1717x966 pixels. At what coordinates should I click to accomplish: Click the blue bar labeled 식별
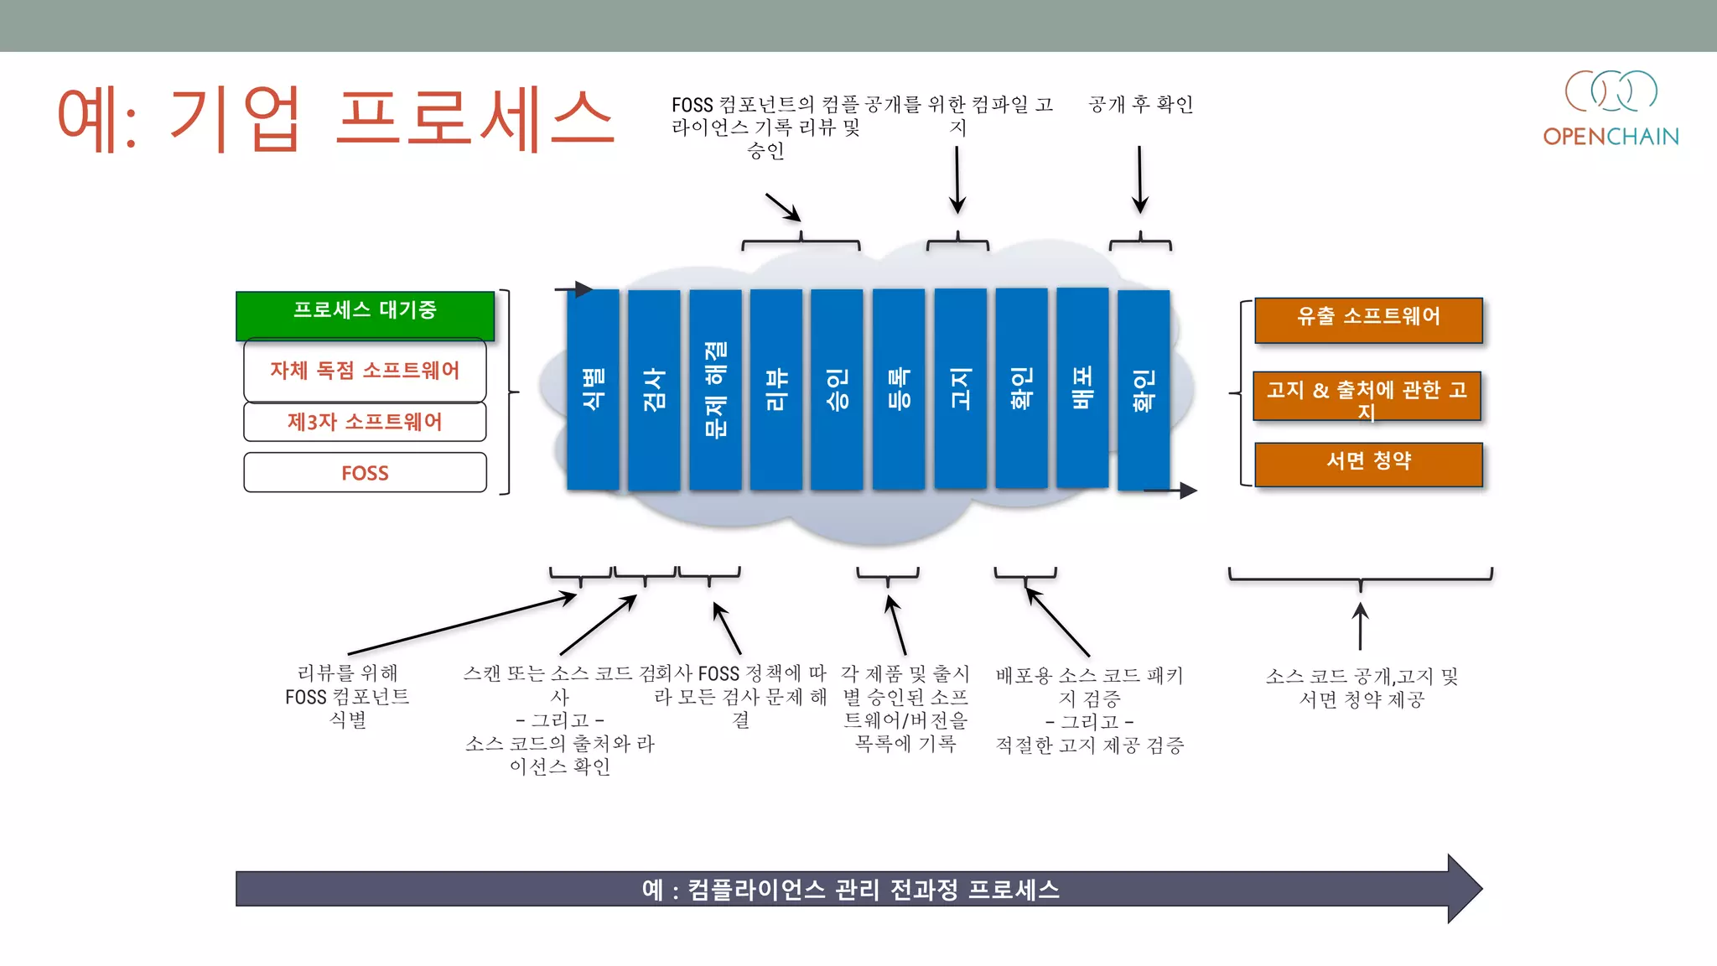[593, 389]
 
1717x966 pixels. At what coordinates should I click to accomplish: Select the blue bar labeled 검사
[654, 389]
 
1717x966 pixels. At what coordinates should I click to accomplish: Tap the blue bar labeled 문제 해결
[715, 389]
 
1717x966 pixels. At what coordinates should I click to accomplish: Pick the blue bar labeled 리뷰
[776, 389]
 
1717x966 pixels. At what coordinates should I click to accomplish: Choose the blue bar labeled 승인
[837, 389]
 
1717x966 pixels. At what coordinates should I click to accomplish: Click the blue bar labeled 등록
[899, 389]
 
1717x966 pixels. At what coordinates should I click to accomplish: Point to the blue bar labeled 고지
[960, 389]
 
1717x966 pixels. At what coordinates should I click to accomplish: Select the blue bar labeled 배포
[1082, 387]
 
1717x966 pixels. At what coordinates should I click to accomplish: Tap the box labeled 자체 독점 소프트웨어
[365, 370]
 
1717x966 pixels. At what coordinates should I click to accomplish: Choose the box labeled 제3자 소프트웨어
[365, 422]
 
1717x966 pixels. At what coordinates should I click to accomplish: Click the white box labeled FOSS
[365, 473]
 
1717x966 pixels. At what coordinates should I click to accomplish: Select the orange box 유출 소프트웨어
[1368, 319]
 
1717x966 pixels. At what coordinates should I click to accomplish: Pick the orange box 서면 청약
[1368, 464]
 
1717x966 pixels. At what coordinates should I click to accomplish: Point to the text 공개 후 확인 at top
[1140, 104]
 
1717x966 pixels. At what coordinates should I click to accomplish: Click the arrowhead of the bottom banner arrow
[1464, 889]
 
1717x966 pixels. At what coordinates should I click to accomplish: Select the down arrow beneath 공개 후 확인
[1139, 179]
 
